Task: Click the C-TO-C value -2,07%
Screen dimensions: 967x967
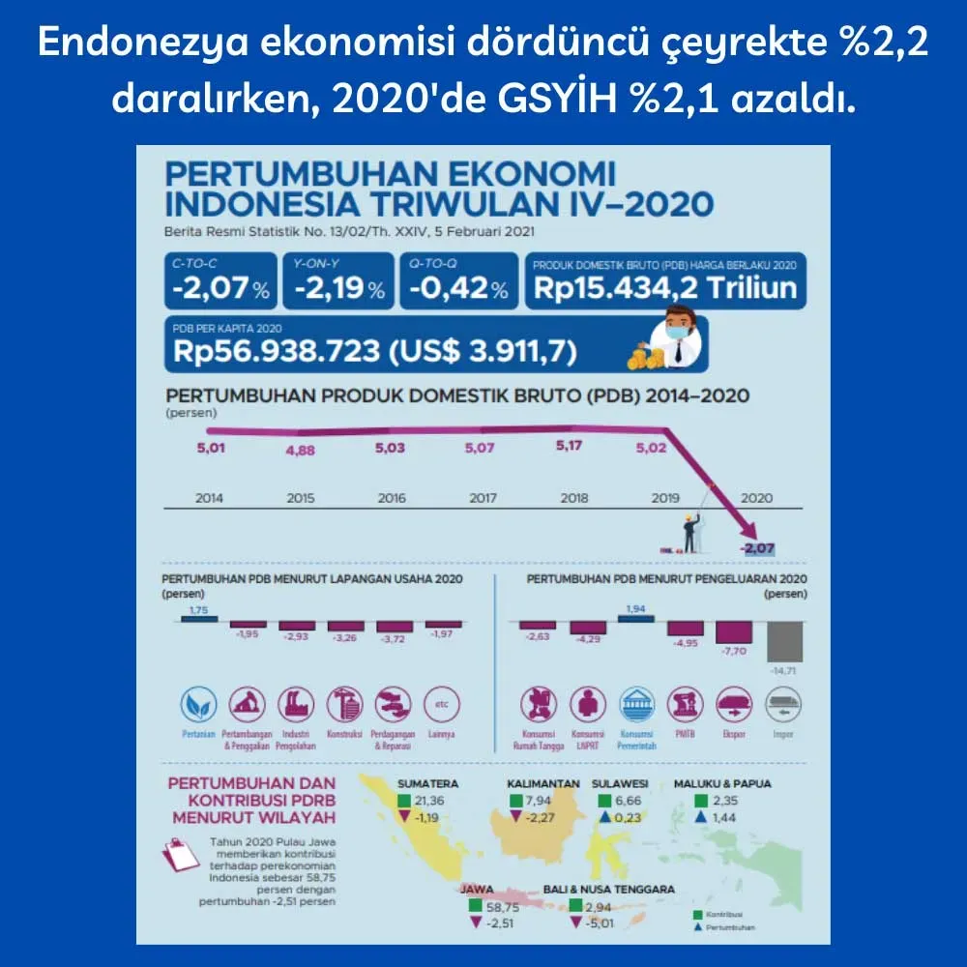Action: tap(220, 287)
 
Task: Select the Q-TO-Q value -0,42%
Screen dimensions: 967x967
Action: tap(457, 287)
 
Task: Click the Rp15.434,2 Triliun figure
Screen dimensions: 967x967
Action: tap(665, 287)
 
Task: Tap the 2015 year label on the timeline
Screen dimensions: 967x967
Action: tap(301, 498)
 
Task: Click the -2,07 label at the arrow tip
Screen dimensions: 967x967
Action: tap(757, 548)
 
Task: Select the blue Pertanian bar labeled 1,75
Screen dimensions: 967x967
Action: tap(199, 618)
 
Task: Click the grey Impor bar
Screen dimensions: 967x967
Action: tap(784, 640)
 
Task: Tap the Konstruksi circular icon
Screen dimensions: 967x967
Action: tap(344, 704)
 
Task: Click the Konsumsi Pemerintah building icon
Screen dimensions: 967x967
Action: tap(636, 704)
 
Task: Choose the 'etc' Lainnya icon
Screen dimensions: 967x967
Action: tap(442, 704)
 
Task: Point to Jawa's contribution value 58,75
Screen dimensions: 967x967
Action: tap(501, 908)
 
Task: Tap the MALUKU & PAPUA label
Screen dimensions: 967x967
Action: tap(722, 784)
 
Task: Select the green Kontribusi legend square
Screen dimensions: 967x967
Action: tap(698, 913)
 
